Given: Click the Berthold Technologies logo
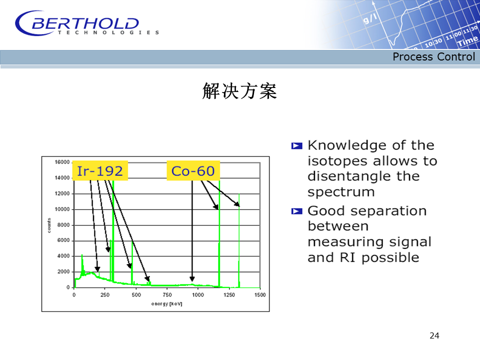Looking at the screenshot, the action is click(87, 23).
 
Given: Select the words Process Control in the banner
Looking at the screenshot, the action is click(434, 56).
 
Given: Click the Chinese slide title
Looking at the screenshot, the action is click(239, 91).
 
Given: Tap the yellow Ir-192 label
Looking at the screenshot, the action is click(100, 170).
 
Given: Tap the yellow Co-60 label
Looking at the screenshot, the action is click(193, 170).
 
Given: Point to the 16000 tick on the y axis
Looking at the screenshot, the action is click(62, 162).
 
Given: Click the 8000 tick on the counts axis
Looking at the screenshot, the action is click(63, 225).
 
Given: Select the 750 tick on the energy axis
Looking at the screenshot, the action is click(167, 295).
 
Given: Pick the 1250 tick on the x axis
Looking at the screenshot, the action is click(229, 295).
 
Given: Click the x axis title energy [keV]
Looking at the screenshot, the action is click(167, 303).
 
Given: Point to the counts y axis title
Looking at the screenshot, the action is click(49, 225).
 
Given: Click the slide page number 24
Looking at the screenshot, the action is click(434, 335).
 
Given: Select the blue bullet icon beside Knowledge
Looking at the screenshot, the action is click(296, 145).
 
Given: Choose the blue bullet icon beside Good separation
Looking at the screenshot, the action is click(296, 211).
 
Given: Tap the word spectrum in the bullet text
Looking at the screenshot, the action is click(341, 192).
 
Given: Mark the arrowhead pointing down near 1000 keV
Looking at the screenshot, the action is click(192, 278).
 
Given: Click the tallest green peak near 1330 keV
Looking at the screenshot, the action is click(239, 240).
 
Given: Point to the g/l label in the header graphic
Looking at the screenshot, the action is click(370, 19).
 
